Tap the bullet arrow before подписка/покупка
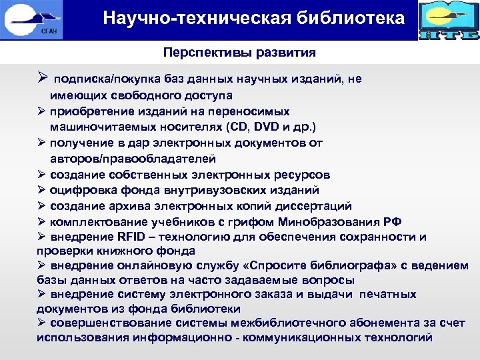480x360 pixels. pyautogui.click(x=42, y=79)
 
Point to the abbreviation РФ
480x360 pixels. pyautogui.click(x=393, y=222)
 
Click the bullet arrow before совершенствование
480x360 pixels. pyautogui.click(x=41, y=323)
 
